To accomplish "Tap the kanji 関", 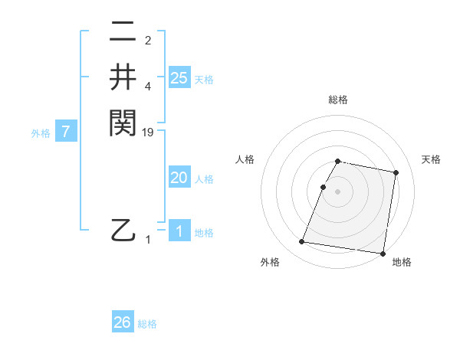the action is point(123,122).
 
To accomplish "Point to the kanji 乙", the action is point(123,229).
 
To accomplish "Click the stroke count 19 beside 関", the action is point(149,133).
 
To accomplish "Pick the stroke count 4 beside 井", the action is point(148,87).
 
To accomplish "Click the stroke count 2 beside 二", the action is point(148,41).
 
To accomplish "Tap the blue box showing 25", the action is point(179,77).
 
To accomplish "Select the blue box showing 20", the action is point(179,178).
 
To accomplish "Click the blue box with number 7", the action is point(67,132).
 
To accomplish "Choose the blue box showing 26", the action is point(123,322).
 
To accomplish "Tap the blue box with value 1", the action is point(179,231).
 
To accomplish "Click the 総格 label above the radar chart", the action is point(338,100).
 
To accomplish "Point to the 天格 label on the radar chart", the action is point(431,159).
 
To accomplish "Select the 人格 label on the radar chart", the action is point(245,159).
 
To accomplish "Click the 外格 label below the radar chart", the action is point(270,263).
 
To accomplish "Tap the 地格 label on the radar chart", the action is point(402,263).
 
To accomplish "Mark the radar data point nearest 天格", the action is point(396,173).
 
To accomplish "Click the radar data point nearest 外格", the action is point(302,242).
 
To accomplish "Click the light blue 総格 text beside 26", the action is point(147,324).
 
